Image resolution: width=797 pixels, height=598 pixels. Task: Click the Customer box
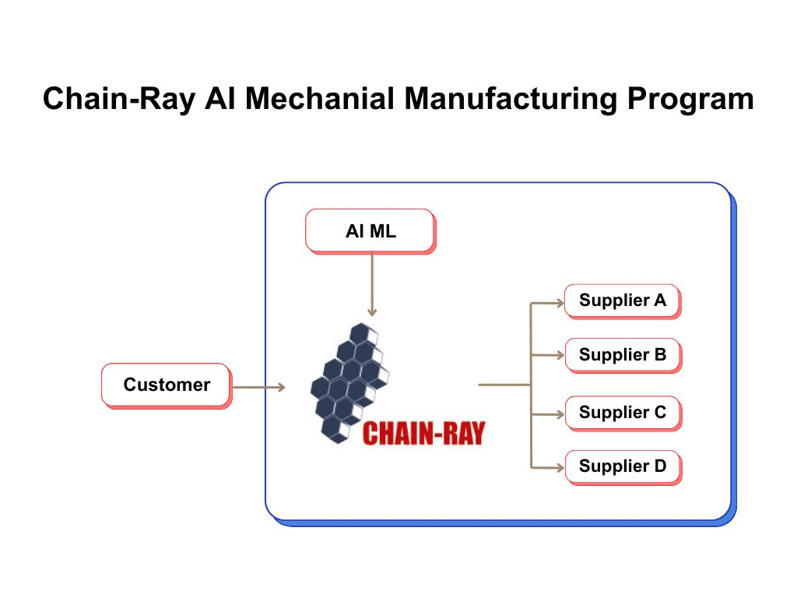(166, 385)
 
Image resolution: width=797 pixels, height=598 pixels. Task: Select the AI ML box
(370, 230)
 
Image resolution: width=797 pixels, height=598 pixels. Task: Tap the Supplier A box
(622, 301)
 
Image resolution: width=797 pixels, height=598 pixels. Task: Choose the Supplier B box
(622, 355)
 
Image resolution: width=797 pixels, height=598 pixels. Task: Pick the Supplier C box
(622, 413)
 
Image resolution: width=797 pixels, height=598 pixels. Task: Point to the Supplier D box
(622, 466)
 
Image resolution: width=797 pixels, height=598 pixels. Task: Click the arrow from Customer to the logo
(259, 387)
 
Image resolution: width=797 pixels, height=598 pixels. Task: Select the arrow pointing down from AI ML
(372, 284)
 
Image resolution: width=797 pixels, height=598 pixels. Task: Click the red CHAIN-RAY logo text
(423, 433)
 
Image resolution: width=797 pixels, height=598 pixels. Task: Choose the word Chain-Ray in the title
(118, 99)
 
